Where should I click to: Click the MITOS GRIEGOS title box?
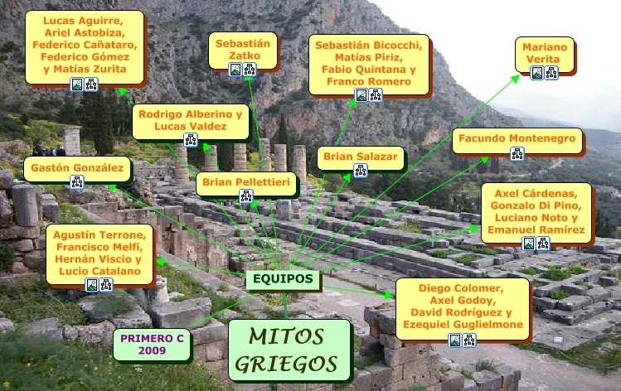point(289,350)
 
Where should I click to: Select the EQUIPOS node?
point(283,279)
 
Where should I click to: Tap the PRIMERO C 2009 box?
point(153,344)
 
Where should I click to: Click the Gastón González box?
point(77,169)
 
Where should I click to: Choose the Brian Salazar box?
point(361,156)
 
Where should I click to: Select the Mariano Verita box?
point(545,53)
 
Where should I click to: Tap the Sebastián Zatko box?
point(244,49)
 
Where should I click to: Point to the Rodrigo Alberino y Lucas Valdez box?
point(191,119)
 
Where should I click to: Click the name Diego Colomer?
point(460,289)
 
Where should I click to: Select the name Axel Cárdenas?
point(536,193)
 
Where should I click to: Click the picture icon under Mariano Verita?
point(537,73)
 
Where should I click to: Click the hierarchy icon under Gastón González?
point(77,182)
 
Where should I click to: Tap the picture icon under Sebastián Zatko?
point(235,70)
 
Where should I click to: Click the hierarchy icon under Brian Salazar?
point(361,170)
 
